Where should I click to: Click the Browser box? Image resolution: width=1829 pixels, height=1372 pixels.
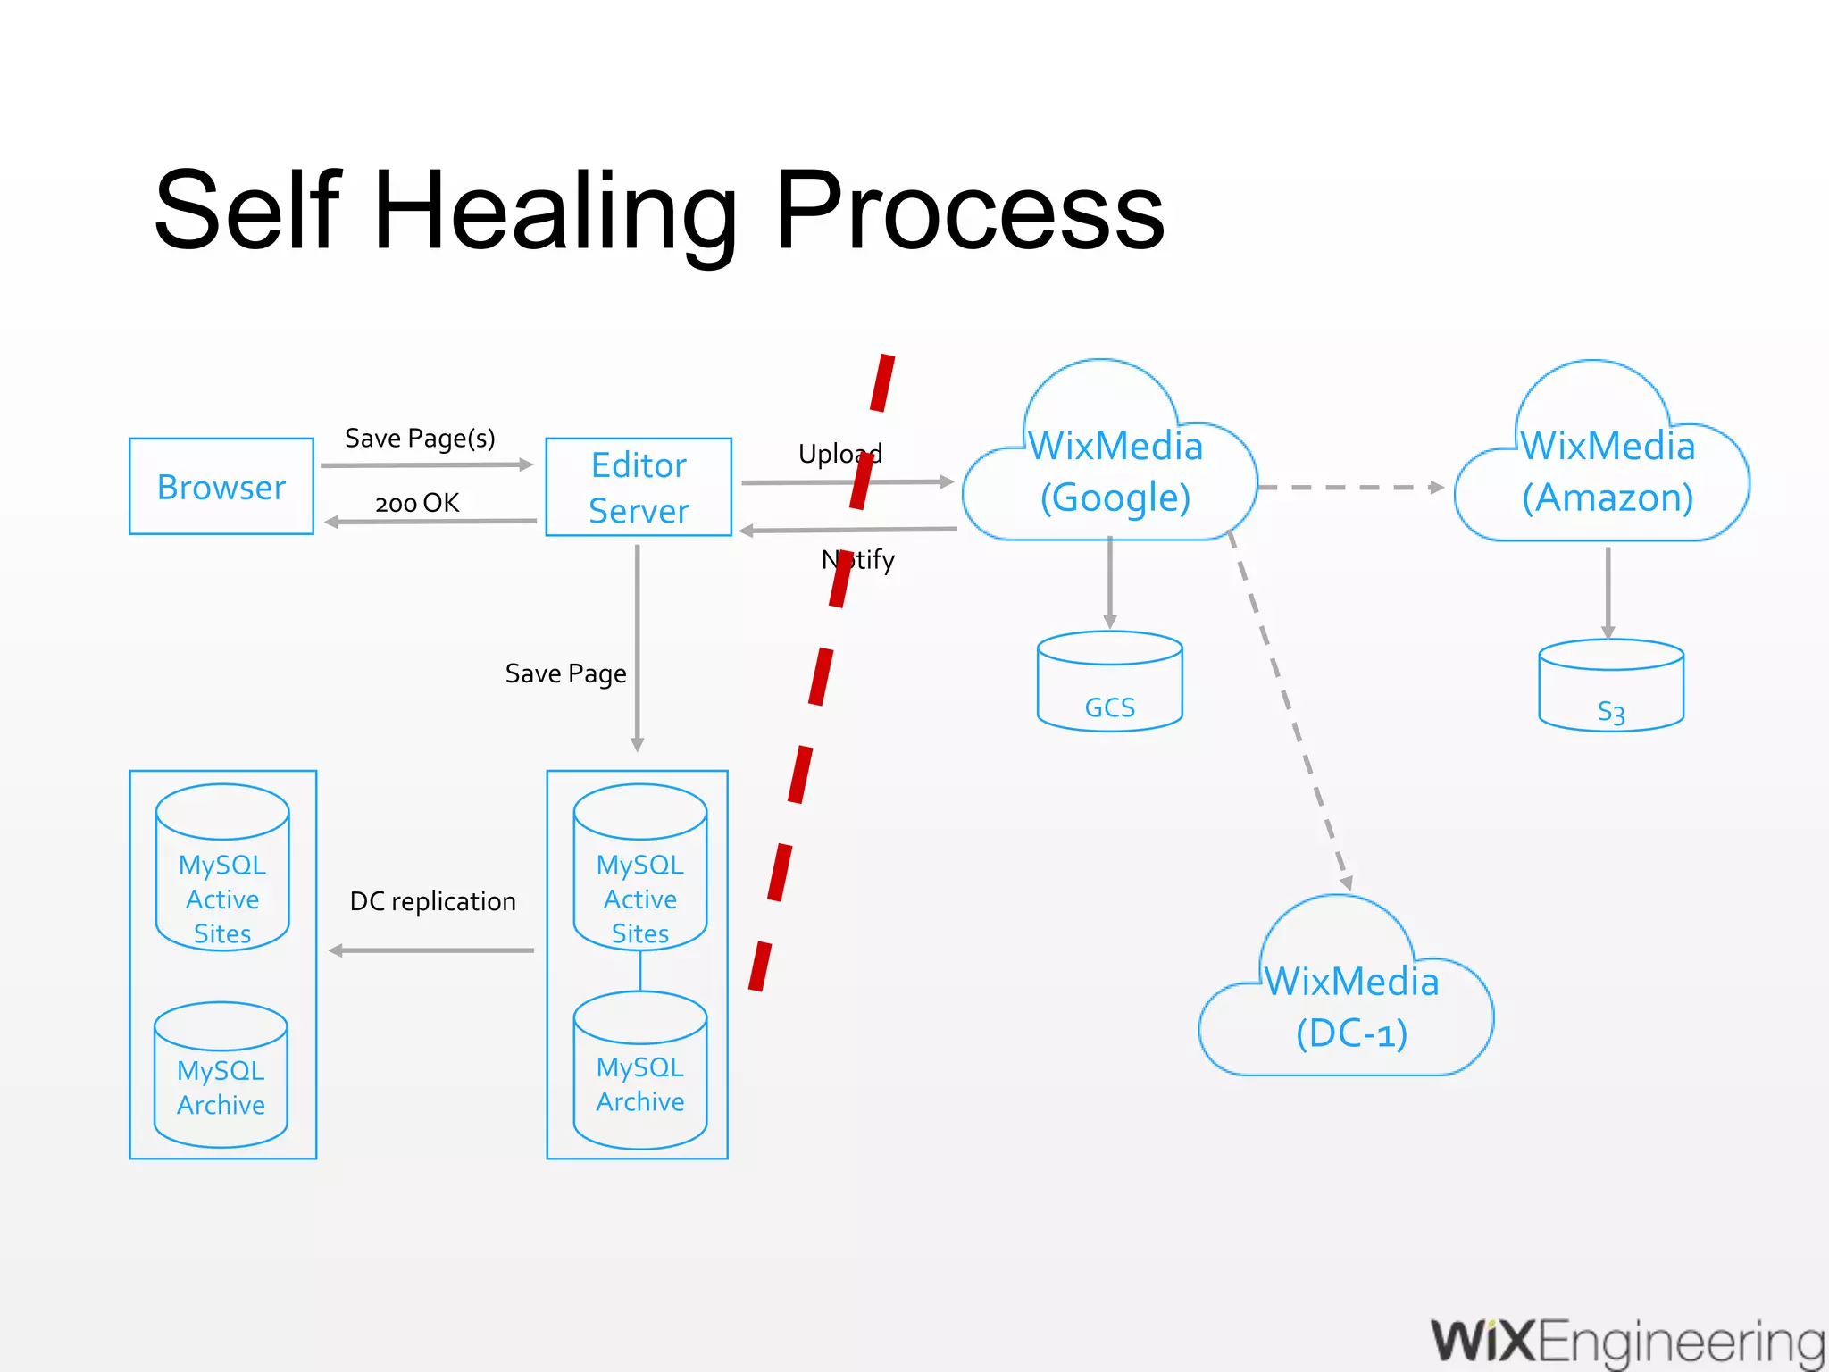[x=221, y=487]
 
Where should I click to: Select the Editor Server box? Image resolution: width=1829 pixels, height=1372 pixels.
[x=639, y=487]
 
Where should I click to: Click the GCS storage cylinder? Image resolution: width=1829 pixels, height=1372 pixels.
[x=1109, y=683]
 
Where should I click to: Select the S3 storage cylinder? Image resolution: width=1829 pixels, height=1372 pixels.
[x=1610, y=688]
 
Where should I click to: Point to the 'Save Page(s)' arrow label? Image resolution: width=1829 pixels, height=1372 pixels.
[x=420, y=438]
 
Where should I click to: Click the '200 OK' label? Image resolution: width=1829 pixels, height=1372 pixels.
[x=417, y=503]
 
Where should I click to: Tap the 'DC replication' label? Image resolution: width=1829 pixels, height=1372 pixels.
[x=432, y=901]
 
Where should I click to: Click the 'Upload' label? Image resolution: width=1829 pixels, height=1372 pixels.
[x=839, y=454]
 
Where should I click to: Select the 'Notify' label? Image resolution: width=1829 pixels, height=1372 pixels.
[x=858, y=560]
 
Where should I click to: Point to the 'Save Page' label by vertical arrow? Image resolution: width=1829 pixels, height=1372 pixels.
[x=565, y=673]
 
